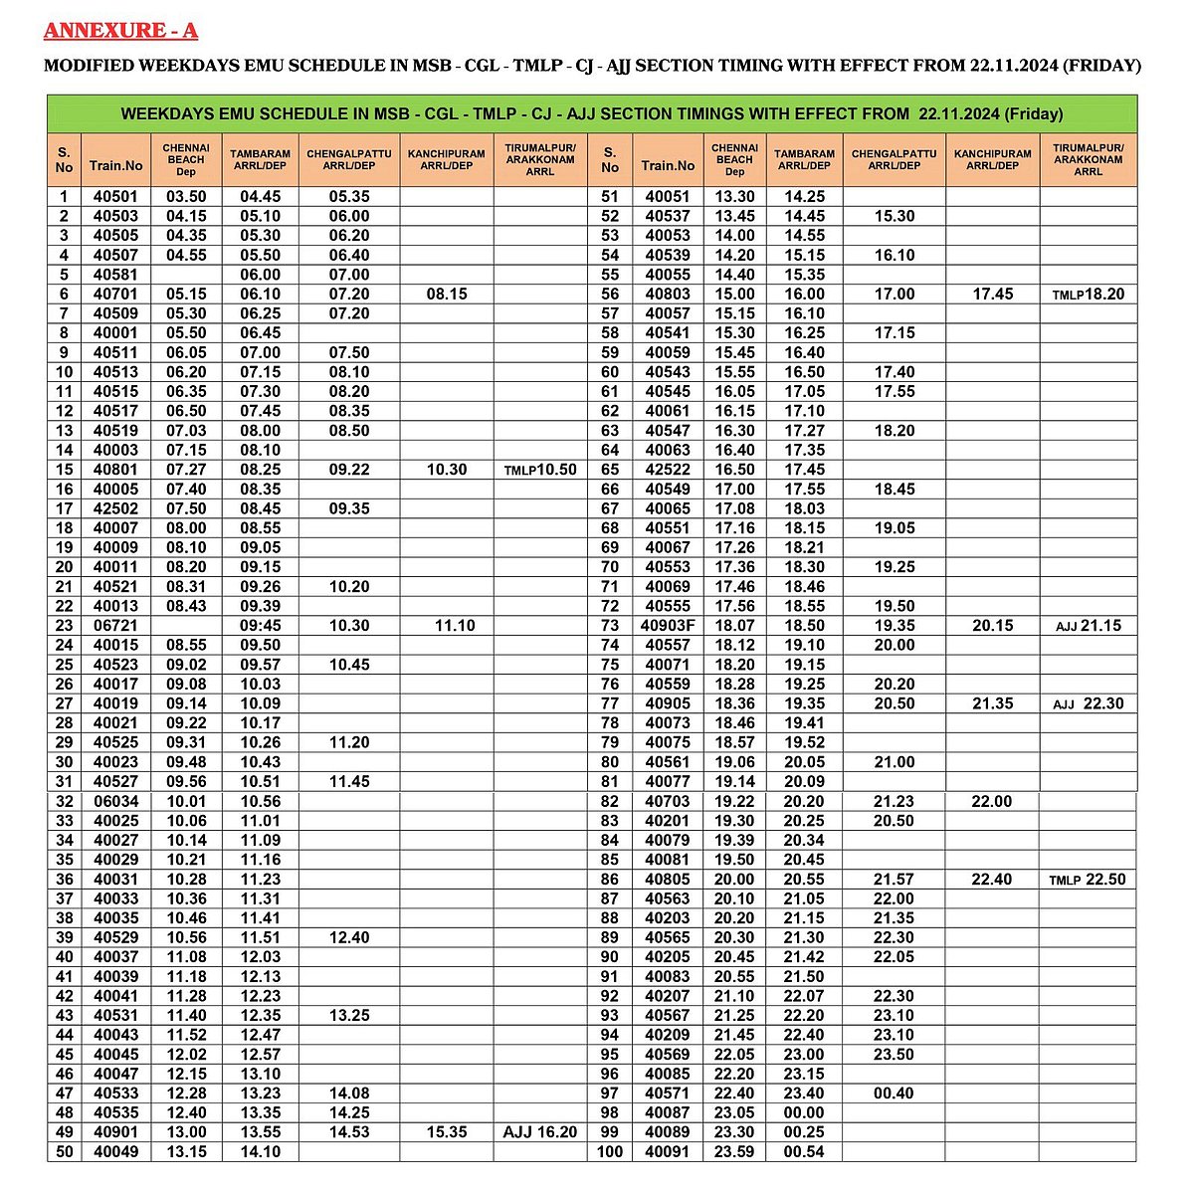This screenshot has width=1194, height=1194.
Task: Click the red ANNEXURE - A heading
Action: point(120,31)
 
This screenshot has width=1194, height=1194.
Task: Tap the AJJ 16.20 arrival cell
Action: point(539,1132)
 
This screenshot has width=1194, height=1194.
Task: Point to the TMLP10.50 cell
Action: point(539,470)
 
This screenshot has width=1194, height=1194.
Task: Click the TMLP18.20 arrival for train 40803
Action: point(1089,295)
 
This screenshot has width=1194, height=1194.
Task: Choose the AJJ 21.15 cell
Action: point(1089,626)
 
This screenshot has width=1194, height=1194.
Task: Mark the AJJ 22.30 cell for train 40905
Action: point(1089,703)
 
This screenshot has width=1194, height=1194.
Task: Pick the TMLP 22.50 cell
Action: point(1089,880)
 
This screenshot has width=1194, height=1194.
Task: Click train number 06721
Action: point(116,626)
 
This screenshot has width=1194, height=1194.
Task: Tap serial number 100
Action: point(610,1152)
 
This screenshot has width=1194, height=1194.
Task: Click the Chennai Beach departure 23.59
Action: point(735,1152)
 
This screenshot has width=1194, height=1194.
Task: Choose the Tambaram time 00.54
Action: point(804,1152)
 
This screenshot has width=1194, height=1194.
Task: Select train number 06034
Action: point(116,801)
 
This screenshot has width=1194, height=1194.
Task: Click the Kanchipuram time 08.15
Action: point(447,295)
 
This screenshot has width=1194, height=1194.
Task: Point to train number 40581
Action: point(116,275)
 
